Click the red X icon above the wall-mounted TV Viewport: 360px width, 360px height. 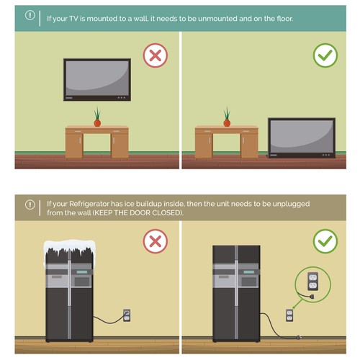click(x=156, y=55)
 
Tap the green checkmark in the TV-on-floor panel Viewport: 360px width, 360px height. click(x=325, y=55)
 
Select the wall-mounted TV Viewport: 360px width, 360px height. click(x=97, y=80)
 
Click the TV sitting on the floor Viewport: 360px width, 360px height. click(x=302, y=138)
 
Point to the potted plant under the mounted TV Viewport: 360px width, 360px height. click(x=97, y=117)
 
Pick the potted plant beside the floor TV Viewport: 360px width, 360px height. click(x=227, y=117)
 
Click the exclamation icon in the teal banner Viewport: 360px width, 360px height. click(x=30, y=15)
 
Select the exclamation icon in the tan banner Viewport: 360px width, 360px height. click(x=30, y=204)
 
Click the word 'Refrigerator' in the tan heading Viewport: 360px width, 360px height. click(x=89, y=204)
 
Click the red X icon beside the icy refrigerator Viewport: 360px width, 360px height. click(x=156, y=241)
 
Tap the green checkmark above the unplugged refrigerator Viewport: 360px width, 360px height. click(x=325, y=241)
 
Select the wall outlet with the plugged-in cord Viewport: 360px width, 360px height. click(x=127, y=315)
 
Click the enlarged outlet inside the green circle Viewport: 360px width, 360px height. click(x=312, y=282)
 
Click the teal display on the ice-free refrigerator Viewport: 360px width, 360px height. click(x=249, y=272)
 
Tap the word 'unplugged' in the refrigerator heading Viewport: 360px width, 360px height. click(x=291, y=204)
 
